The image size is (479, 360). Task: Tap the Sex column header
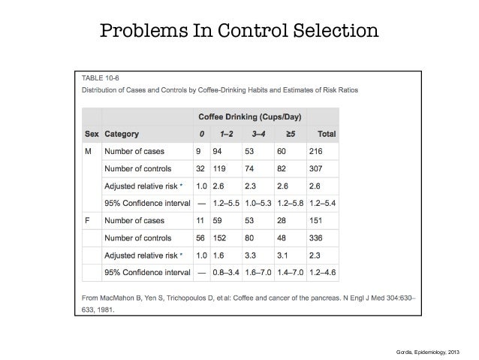pyautogui.click(x=91, y=135)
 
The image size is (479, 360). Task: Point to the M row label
pyautogui.click(x=89, y=151)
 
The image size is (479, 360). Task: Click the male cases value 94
pyautogui.click(x=218, y=151)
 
